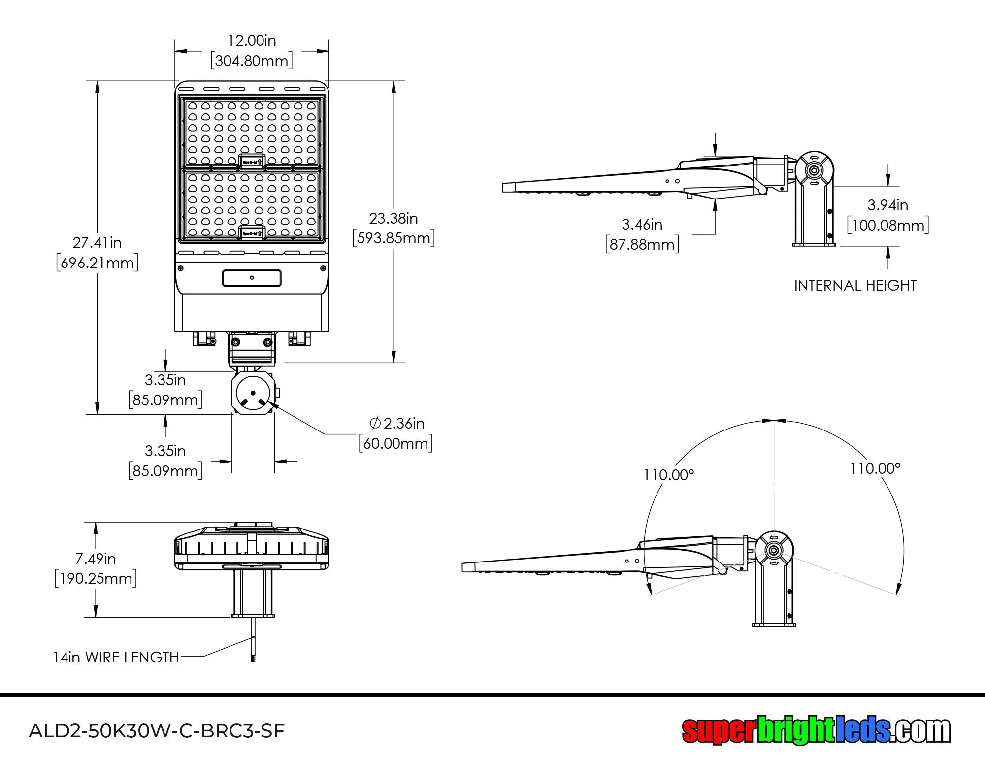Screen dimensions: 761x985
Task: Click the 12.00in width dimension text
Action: [252, 40]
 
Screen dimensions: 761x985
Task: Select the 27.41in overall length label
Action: [97, 242]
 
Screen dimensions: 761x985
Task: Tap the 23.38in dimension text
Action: [394, 218]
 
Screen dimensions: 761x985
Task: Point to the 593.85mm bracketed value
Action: [394, 238]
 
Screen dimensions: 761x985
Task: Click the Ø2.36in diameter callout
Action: [397, 423]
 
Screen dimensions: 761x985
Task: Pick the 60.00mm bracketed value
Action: [395, 443]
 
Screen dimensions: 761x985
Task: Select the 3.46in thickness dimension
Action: [642, 225]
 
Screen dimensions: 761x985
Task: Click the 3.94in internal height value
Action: [888, 205]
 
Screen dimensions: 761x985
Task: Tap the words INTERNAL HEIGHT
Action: [855, 286]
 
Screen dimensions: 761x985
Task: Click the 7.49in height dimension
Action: [96, 559]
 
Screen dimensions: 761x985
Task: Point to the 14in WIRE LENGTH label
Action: [116, 658]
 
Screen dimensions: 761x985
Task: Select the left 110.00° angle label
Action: [668, 475]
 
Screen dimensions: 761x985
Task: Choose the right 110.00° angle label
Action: [875, 468]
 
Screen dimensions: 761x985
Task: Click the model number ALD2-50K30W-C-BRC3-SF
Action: [157, 730]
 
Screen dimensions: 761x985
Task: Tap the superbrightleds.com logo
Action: [816, 730]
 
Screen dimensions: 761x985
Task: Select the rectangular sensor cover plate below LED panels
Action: [252, 278]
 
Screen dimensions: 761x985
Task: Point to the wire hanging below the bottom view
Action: [254, 640]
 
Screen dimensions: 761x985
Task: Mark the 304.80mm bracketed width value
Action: [252, 61]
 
